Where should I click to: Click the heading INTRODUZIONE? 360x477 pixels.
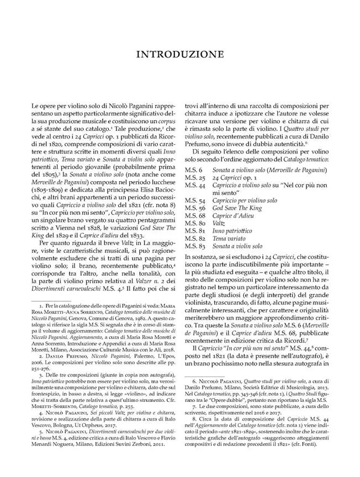(179, 55)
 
